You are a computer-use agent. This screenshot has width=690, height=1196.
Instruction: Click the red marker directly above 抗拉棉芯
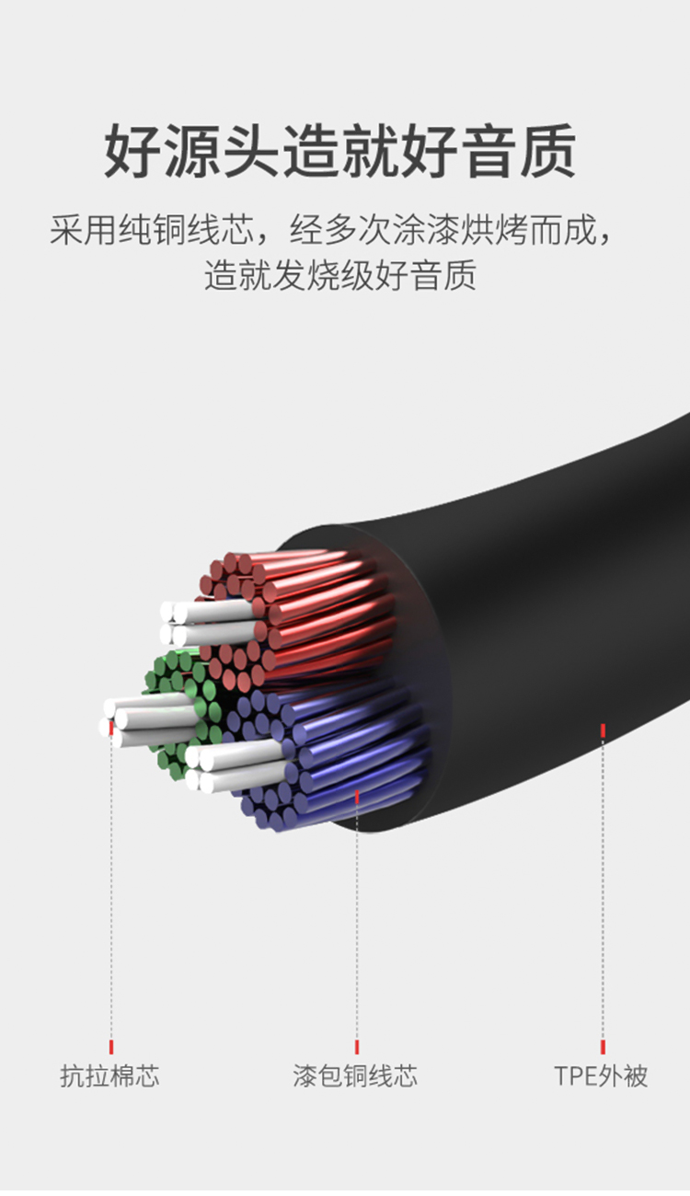[111, 1046]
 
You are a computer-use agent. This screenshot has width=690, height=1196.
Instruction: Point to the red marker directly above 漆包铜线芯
[357, 1046]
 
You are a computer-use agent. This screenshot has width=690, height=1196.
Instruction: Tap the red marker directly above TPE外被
[603, 1046]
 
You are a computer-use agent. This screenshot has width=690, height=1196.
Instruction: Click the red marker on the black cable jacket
[603, 730]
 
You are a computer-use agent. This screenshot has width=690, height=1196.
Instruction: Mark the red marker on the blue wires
[357, 795]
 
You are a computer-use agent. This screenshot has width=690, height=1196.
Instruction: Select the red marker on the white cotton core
[111, 727]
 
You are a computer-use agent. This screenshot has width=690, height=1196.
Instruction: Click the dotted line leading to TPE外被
[603, 892]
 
